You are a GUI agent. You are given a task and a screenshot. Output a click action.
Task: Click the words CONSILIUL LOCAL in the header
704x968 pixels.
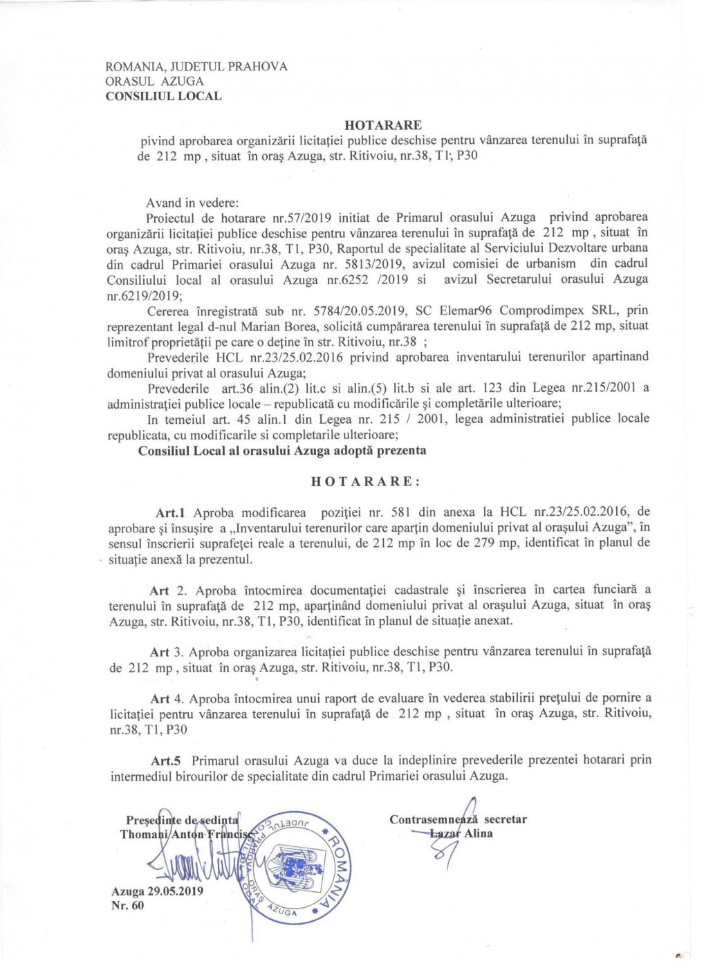click(x=163, y=96)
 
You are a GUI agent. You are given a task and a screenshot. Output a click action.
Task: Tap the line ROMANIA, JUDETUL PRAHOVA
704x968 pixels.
click(x=196, y=67)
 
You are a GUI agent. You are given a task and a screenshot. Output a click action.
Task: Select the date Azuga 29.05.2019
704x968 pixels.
click(x=157, y=891)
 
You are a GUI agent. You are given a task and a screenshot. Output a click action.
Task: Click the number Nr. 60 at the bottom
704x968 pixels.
click(x=127, y=906)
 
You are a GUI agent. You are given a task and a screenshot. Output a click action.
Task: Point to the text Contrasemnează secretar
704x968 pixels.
click(x=458, y=819)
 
